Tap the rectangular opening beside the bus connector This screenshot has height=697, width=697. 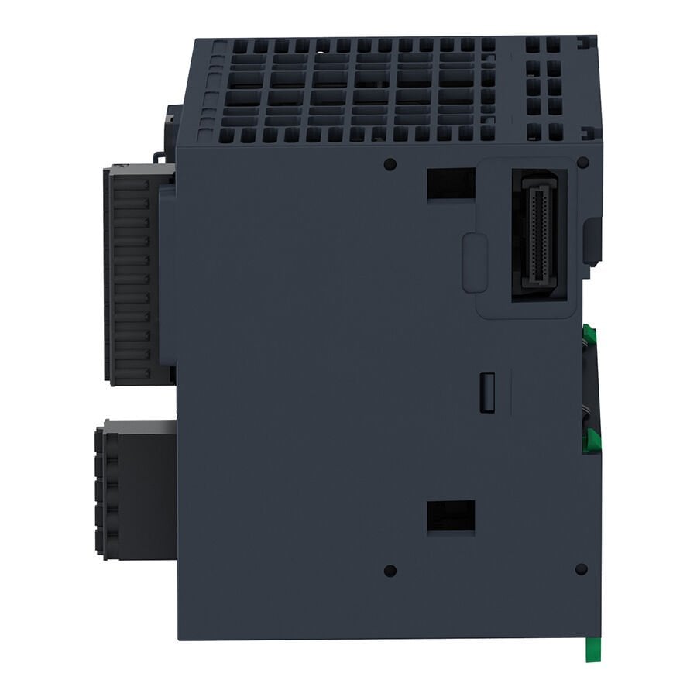[451, 184]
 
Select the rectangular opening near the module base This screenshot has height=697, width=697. [451, 516]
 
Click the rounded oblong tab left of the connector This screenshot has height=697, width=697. [474, 263]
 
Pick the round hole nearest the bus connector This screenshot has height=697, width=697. [582, 163]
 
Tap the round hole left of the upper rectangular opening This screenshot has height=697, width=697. [390, 163]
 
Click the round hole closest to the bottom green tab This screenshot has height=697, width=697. [582, 569]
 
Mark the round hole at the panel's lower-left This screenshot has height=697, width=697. [390, 571]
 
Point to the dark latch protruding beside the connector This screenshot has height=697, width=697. [593, 240]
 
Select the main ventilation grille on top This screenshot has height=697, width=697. [348, 89]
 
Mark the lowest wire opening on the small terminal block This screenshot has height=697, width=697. [104, 537]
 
